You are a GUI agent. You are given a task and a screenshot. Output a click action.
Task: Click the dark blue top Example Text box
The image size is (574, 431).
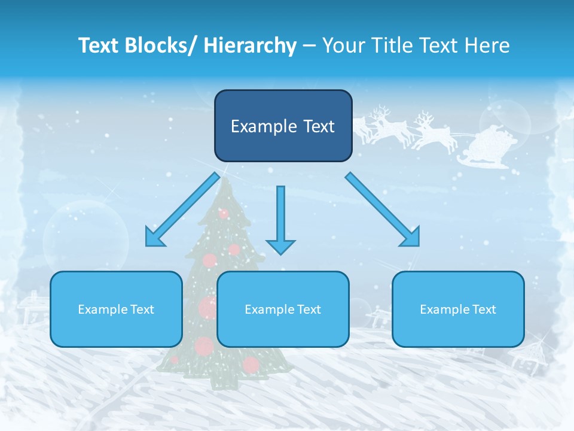(x=283, y=126)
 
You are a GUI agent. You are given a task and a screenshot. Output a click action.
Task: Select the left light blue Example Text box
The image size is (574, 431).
(x=116, y=309)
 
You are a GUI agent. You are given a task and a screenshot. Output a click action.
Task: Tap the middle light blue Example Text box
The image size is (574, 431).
(x=283, y=309)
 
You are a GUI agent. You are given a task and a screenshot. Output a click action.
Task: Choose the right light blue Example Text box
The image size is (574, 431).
(x=458, y=309)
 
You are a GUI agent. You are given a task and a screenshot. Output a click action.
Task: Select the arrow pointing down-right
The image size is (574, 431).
(x=383, y=210)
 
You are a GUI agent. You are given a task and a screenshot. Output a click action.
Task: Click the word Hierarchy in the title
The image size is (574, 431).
(x=250, y=45)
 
